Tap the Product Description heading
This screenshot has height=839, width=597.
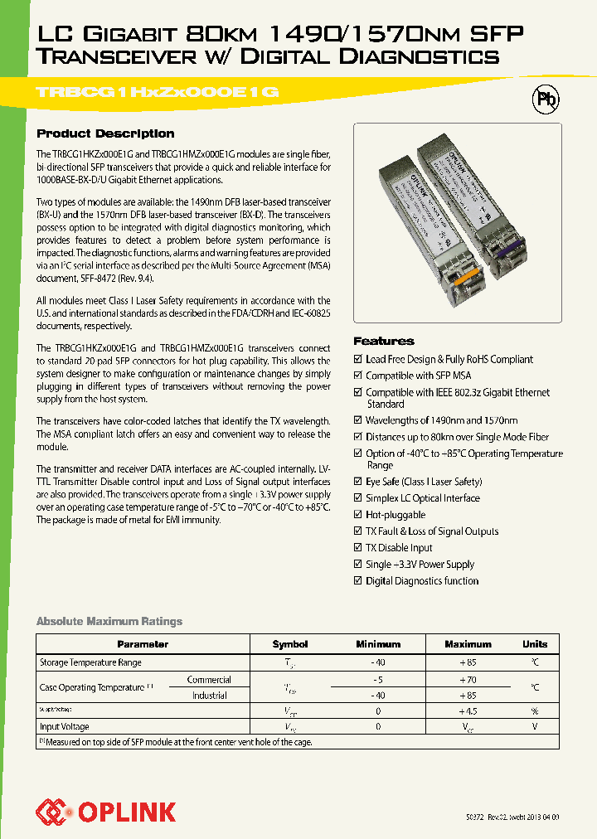click(x=105, y=133)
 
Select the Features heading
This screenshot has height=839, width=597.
click(x=383, y=341)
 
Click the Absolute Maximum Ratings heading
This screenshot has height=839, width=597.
click(x=109, y=621)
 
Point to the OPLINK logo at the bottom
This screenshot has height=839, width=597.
click(x=105, y=810)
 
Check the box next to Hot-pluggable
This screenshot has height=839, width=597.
click(x=358, y=515)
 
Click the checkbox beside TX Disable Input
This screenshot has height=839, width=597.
click(x=358, y=548)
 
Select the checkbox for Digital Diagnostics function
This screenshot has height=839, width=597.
click(x=358, y=581)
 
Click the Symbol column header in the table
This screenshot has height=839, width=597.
click(x=289, y=644)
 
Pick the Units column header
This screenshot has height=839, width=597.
click(x=534, y=644)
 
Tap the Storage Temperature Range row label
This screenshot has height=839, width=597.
click(x=90, y=662)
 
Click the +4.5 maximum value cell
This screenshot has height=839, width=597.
click(x=468, y=711)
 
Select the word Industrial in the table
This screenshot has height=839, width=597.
click(x=210, y=696)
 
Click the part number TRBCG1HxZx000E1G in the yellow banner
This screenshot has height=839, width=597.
click(x=157, y=94)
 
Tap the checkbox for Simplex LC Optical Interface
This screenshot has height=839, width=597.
click(x=358, y=498)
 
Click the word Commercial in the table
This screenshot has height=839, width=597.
click(x=209, y=680)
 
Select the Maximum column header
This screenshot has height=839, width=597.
click(x=468, y=644)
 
